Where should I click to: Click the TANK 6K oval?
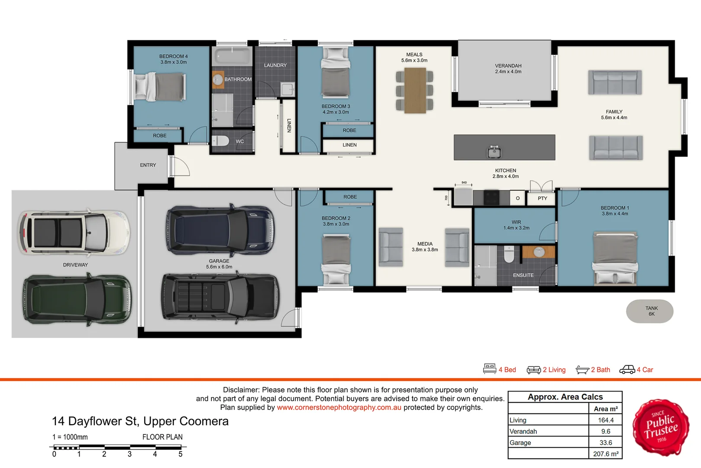(x=649, y=311)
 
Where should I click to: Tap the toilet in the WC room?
(x=221, y=141)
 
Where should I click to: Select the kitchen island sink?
(x=494, y=152)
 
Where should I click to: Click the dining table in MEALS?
(x=415, y=91)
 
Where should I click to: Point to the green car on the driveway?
(x=77, y=299)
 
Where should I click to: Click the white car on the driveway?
(x=73, y=233)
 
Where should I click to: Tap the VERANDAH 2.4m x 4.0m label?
(x=508, y=69)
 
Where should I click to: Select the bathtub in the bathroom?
(x=232, y=57)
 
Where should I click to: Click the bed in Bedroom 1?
(x=615, y=258)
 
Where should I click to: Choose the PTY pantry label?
(x=542, y=198)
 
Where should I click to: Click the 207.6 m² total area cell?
(x=605, y=454)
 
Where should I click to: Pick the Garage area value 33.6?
(x=605, y=442)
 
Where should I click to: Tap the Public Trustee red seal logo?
(x=661, y=427)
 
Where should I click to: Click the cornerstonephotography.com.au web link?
(x=339, y=407)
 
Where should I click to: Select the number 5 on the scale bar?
(x=181, y=454)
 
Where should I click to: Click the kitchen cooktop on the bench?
(x=491, y=198)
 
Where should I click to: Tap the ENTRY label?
(x=148, y=165)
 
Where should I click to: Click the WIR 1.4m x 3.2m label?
(x=516, y=225)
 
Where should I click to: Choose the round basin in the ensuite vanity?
(x=539, y=251)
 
